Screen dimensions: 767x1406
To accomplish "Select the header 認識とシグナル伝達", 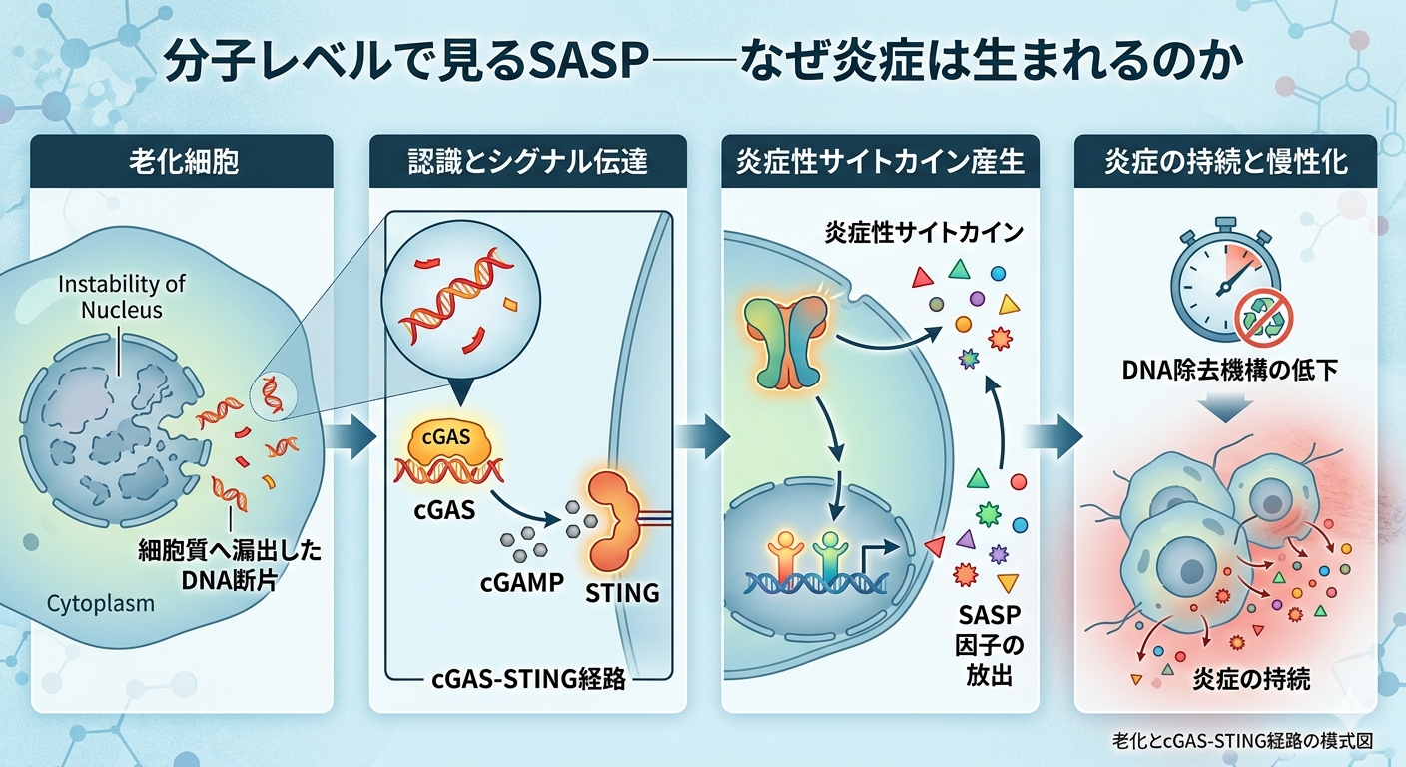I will (x=528, y=161).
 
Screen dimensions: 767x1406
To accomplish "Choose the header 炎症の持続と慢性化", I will (x=1225, y=161).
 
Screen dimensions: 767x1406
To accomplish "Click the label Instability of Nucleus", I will (x=122, y=297).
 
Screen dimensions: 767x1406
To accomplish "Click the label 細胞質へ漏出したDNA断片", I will (x=230, y=564).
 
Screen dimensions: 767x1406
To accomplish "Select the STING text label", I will (x=622, y=592).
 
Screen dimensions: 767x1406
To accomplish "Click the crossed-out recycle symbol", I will (x=1263, y=319).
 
